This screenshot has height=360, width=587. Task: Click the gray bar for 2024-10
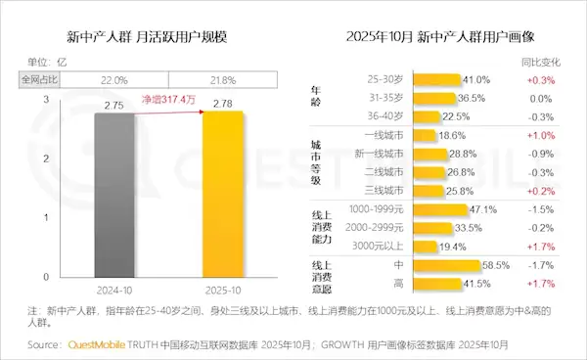point(123,197)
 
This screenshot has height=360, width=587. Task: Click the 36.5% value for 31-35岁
point(474,99)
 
